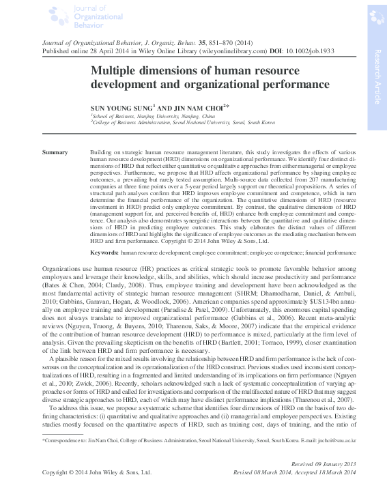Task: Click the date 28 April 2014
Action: (85, 51)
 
